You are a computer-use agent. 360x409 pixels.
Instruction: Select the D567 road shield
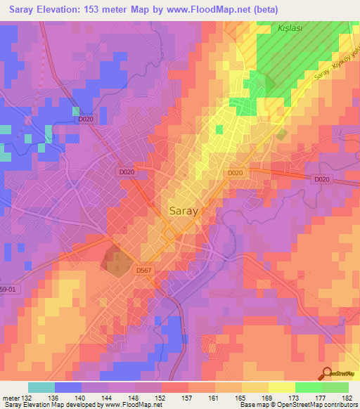(x=143, y=270)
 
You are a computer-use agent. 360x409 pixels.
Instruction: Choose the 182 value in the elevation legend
(x=348, y=398)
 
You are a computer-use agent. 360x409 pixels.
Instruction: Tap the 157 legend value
(x=188, y=398)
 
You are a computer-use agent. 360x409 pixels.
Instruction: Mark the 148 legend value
(x=134, y=398)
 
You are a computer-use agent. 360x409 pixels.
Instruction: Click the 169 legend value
(x=268, y=398)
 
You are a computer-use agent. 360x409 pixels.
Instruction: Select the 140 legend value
(x=82, y=398)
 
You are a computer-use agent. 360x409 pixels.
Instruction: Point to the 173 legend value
(x=295, y=398)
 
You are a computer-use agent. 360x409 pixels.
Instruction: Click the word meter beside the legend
(x=9, y=398)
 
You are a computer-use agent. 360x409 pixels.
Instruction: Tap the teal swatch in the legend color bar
(x=41, y=387)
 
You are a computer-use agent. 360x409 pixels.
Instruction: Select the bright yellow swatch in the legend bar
(x=281, y=387)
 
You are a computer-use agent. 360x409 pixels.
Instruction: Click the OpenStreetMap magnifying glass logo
(x=326, y=375)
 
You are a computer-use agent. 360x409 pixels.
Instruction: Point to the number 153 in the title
(x=103, y=10)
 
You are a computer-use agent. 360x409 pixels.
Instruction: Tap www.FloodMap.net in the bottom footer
(x=134, y=405)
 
